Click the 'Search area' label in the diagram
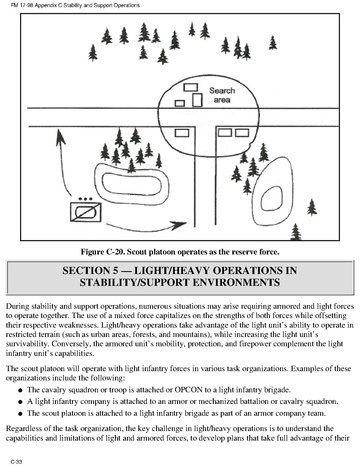click(222, 95)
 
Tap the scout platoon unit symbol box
click(86, 212)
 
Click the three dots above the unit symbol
click(86, 199)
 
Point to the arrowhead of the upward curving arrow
click(60, 137)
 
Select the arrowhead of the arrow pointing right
click(179, 225)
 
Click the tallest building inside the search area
click(197, 100)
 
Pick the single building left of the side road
click(182, 133)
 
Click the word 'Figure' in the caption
click(92, 252)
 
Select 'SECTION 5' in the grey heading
click(86, 270)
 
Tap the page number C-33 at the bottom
click(16, 462)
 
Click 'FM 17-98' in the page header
click(18, 5)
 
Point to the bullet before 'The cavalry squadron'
click(21, 390)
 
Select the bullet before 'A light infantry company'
click(21, 402)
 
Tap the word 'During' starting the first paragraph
click(15, 306)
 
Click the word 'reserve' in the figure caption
click(244, 252)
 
